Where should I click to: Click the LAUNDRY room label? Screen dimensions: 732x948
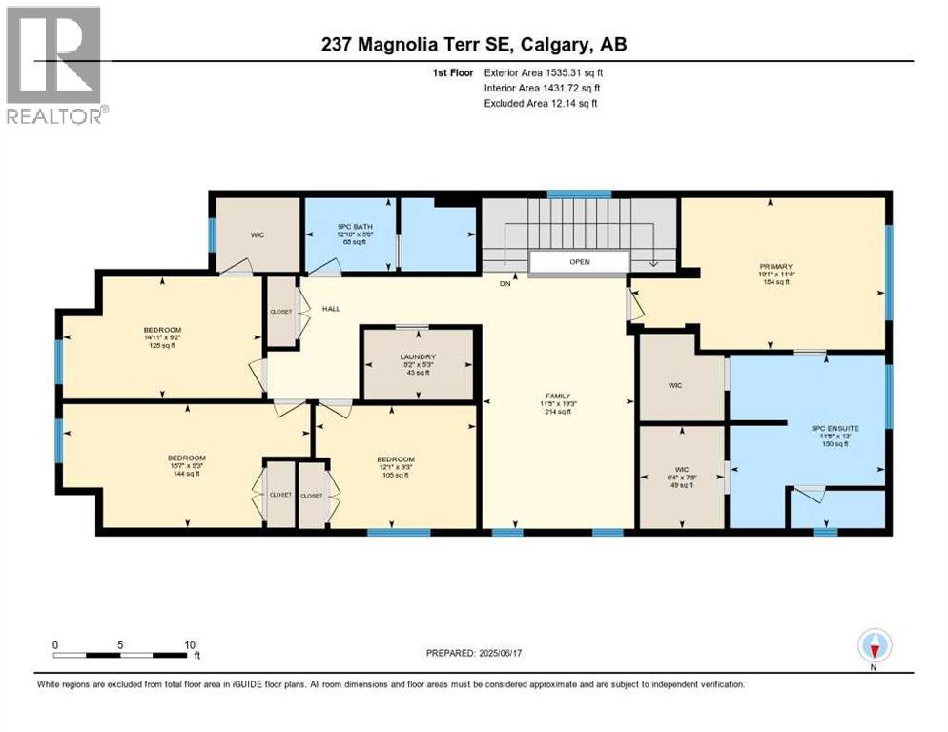point(418,356)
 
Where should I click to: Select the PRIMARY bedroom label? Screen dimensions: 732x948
point(784,267)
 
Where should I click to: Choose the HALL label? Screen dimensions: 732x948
point(330,309)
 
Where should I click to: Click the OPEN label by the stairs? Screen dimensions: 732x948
point(578,262)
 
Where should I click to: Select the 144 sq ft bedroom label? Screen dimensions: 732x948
point(186,458)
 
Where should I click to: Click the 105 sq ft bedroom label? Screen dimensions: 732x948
point(395,459)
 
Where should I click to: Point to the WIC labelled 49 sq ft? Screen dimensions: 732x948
point(681,469)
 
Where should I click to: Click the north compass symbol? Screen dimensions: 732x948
point(874,647)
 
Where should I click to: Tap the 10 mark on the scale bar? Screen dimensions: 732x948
point(189,644)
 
